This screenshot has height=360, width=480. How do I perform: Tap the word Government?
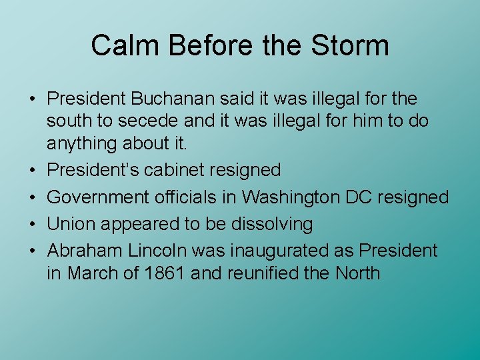[x=98, y=197]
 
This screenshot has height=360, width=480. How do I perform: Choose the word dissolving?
[x=272, y=224]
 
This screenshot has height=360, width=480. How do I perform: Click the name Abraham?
[x=85, y=251]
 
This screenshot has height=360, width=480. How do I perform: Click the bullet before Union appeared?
[x=32, y=225]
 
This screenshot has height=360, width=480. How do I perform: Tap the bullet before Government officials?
[x=32, y=197]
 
